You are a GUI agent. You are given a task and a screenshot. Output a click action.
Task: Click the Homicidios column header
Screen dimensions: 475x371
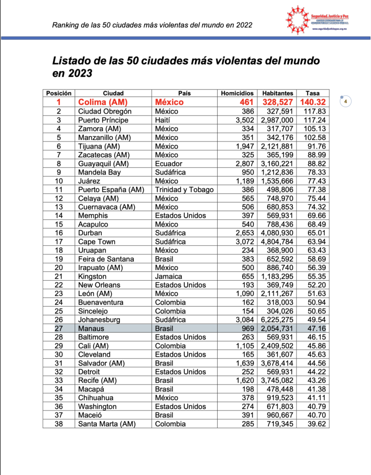pos(238,93)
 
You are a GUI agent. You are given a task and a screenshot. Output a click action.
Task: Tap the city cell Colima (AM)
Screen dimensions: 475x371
pos(103,102)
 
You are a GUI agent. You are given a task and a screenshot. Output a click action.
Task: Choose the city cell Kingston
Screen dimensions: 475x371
pos(92,276)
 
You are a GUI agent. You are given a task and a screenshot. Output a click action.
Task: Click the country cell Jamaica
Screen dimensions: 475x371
pos(168,276)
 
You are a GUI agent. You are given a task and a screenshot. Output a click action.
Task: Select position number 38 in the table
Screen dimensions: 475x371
pos(59,424)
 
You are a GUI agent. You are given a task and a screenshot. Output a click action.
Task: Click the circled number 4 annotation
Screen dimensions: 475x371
pos(345,101)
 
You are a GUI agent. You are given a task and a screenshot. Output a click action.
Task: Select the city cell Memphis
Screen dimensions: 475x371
pos(93,215)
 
